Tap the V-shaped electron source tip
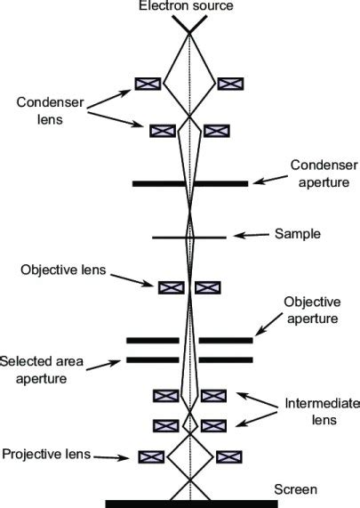click(189, 28)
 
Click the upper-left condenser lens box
click(148, 84)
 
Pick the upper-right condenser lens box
click(231, 84)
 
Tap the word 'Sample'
click(297, 234)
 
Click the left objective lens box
click(170, 287)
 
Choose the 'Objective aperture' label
click(310, 310)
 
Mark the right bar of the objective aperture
click(226, 340)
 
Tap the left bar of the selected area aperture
click(153, 360)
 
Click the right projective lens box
click(229, 456)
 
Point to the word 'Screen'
click(295, 489)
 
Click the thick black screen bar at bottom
click(190, 504)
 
